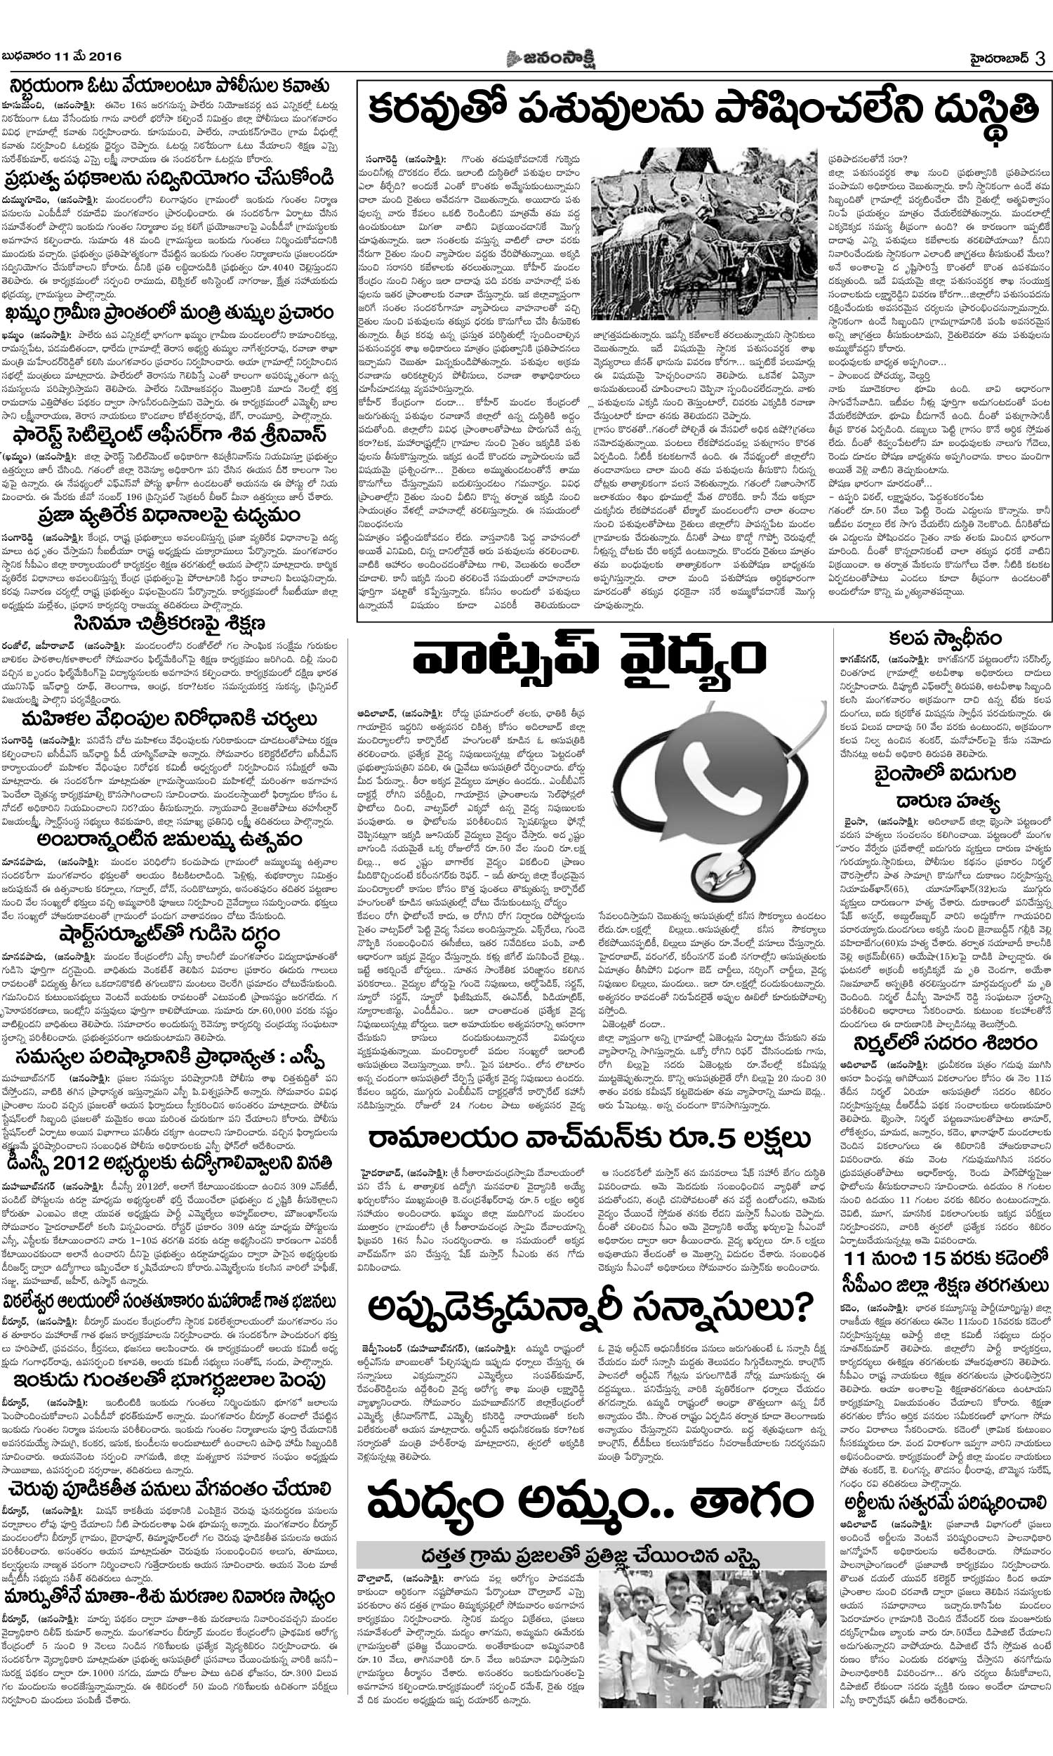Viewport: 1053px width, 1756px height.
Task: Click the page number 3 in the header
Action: pyautogui.click(x=1040, y=58)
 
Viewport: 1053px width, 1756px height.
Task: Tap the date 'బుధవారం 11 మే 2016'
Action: pyautogui.click(x=62, y=57)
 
